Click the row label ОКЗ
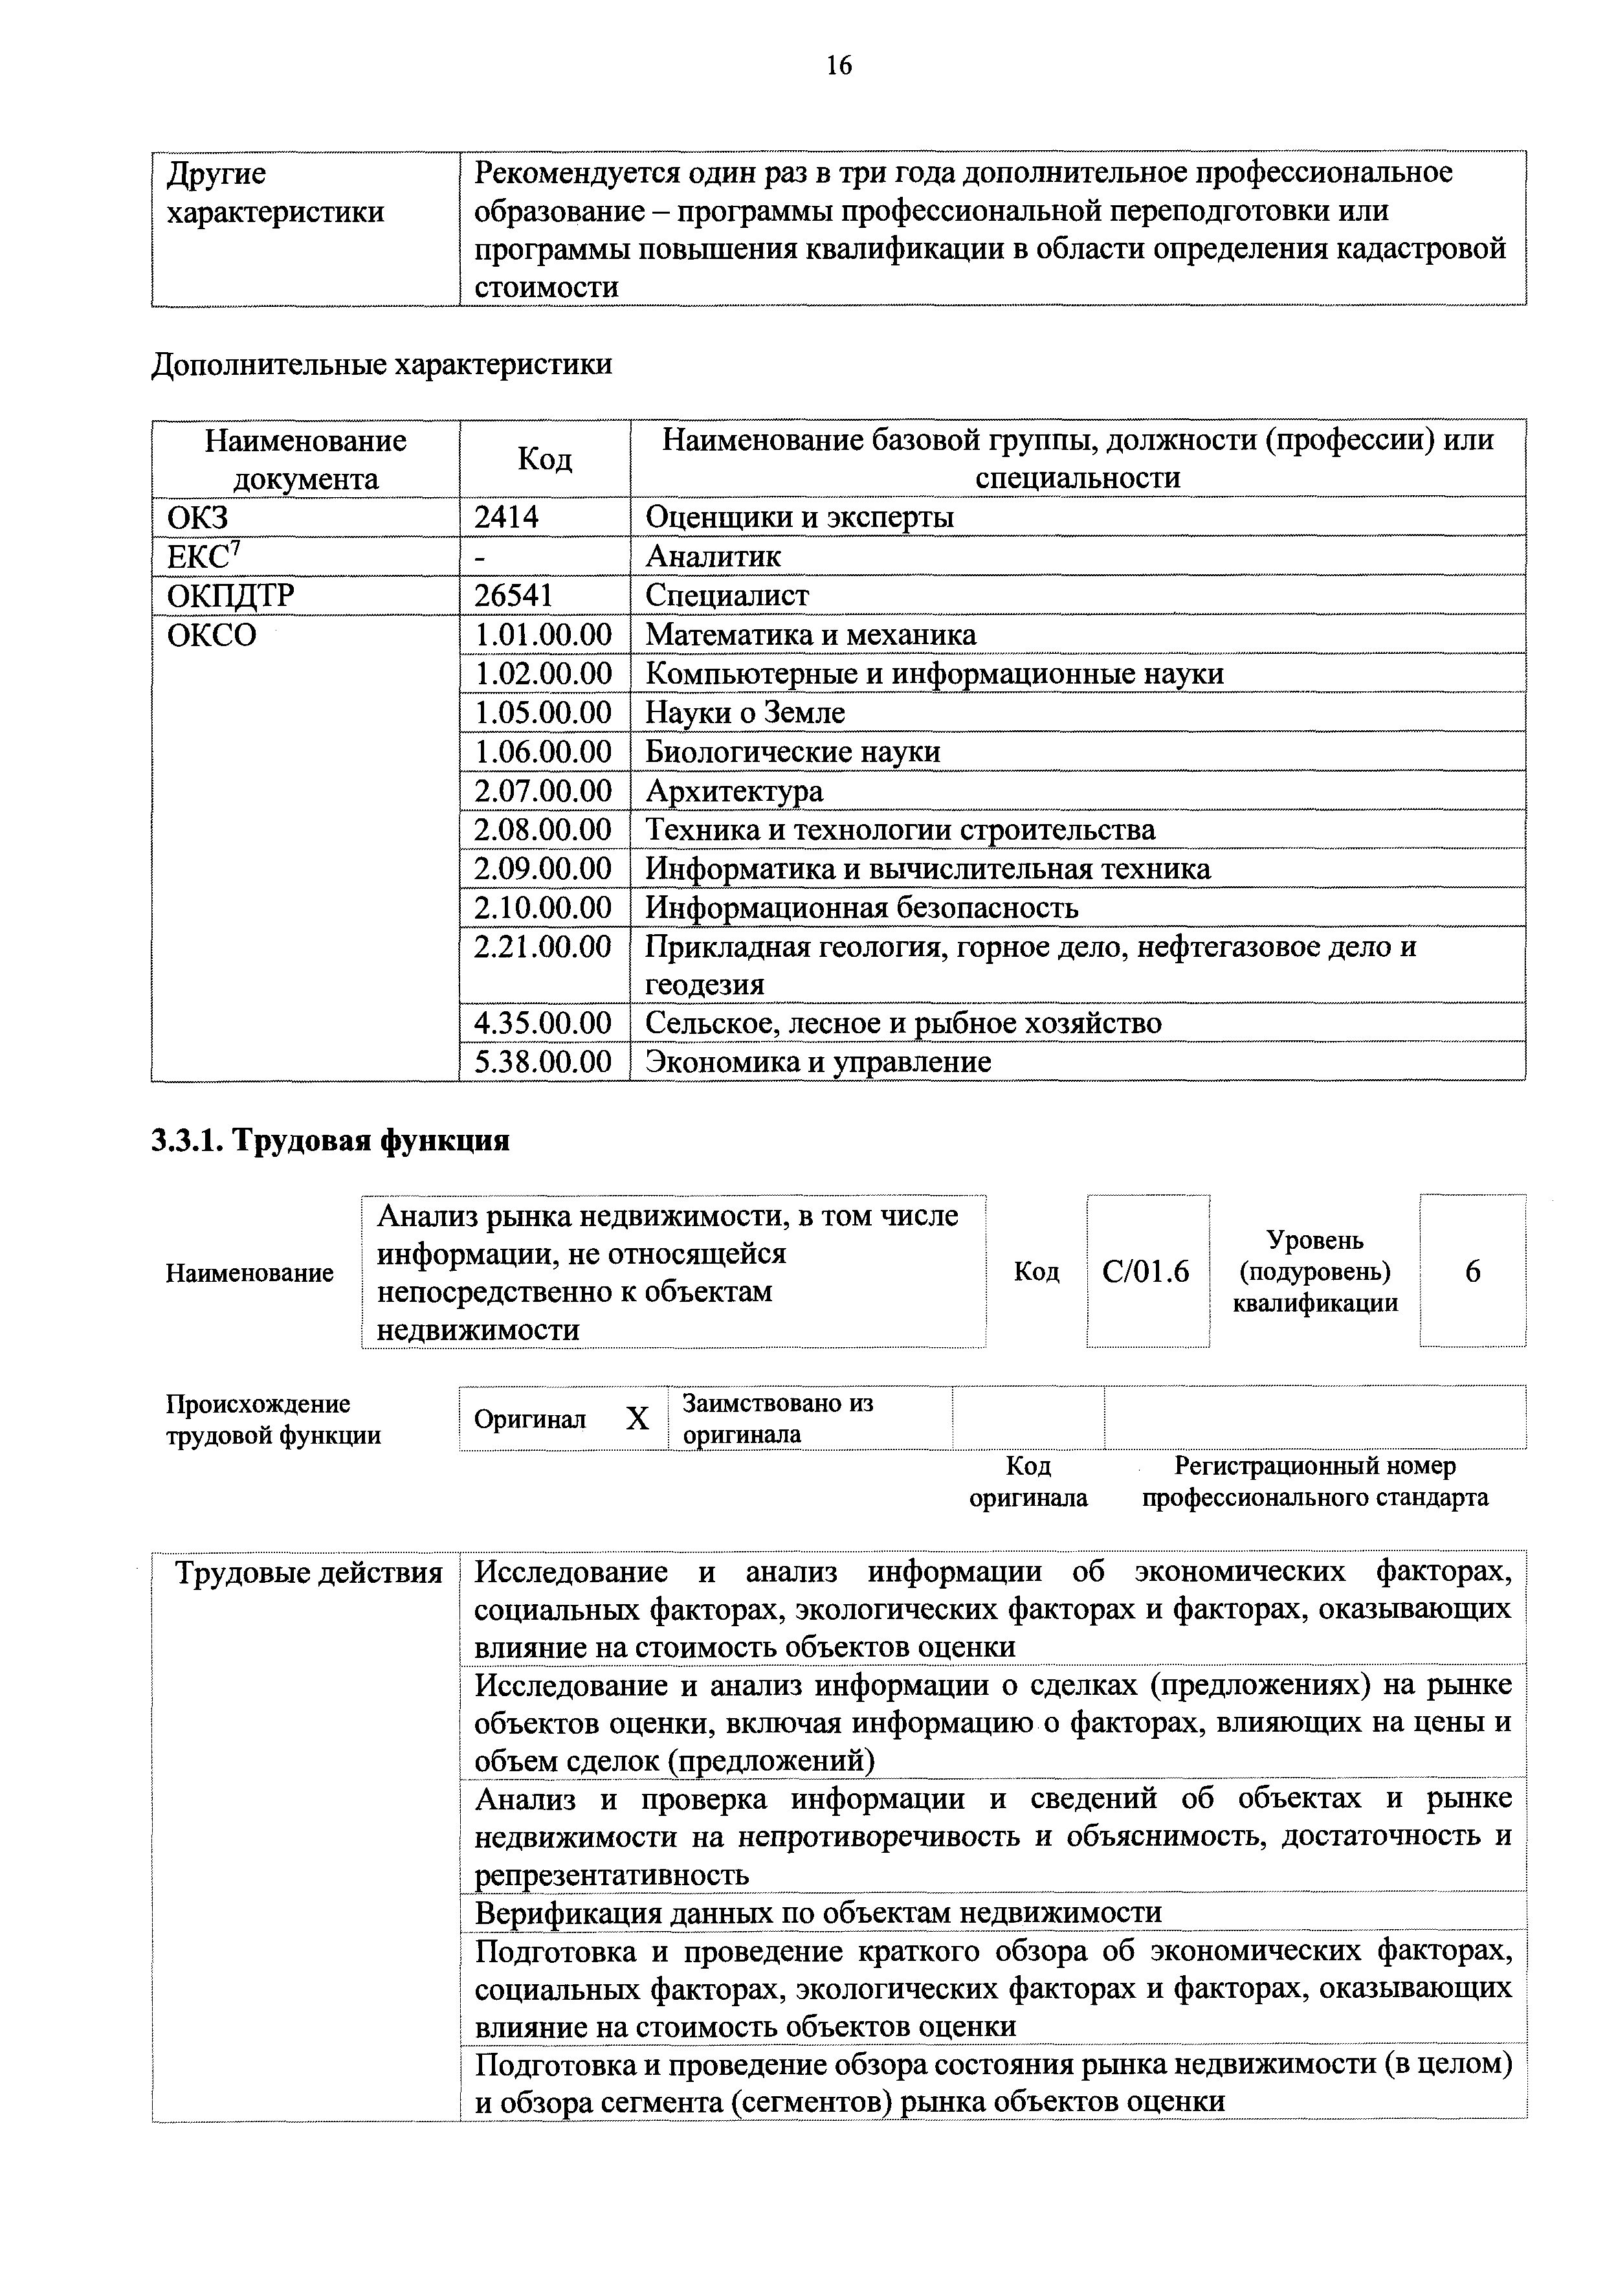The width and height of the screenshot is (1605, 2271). [x=198, y=517]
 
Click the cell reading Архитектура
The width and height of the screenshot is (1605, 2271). [x=734, y=790]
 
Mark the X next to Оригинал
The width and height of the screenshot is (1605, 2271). [x=638, y=1419]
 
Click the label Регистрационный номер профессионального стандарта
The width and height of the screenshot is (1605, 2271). [x=1314, y=1481]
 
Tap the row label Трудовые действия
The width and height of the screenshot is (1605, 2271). [x=307, y=1572]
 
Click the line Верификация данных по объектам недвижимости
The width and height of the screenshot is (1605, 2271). [x=818, y=1912]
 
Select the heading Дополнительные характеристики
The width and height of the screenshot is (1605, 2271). [x=382, y=364]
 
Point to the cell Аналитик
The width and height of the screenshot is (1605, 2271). [x=713, y=556]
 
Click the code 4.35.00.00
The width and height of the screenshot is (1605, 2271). [x=543, y=1023]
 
